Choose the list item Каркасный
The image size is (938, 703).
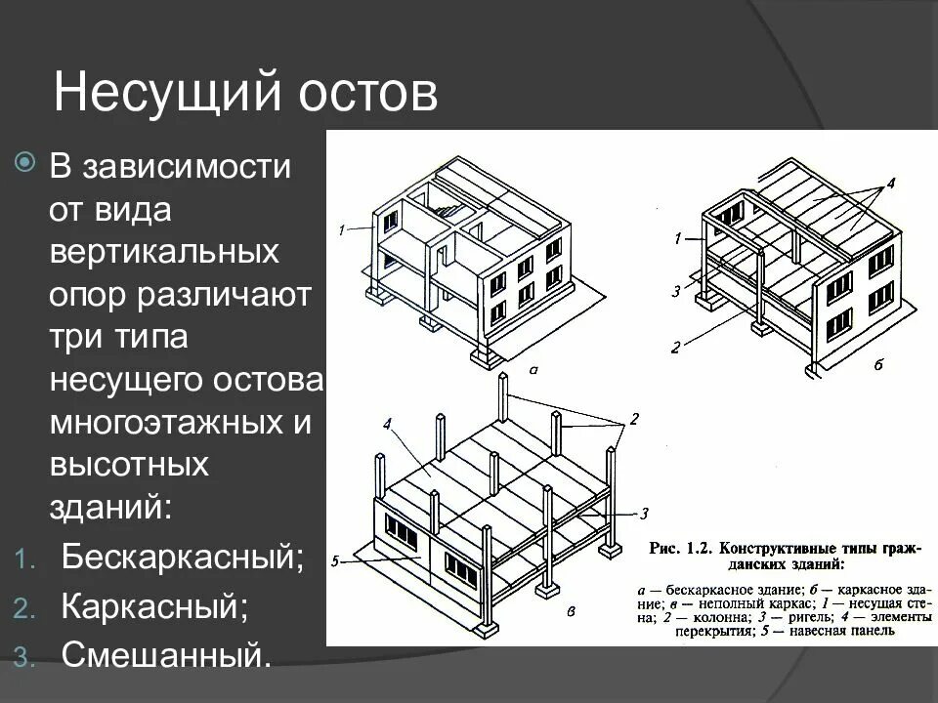coord(154,607)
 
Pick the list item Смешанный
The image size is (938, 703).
coord(167,654)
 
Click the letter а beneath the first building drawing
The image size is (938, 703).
coord(533,371)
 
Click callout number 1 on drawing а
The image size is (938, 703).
coord(342,230)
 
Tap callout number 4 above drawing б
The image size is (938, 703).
coord(890,183)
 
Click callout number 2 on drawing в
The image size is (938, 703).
coord(634,419)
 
